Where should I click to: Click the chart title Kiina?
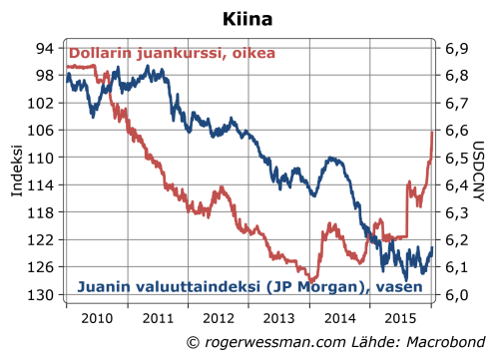tap(247, 18)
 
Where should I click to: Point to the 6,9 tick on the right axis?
tap(455, 48)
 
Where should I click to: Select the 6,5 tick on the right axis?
tap(455, 158)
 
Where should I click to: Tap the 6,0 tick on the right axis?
tap(455, 295)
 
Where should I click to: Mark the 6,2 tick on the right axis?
tap(455, 240)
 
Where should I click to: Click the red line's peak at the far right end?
tap(431, 132)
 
